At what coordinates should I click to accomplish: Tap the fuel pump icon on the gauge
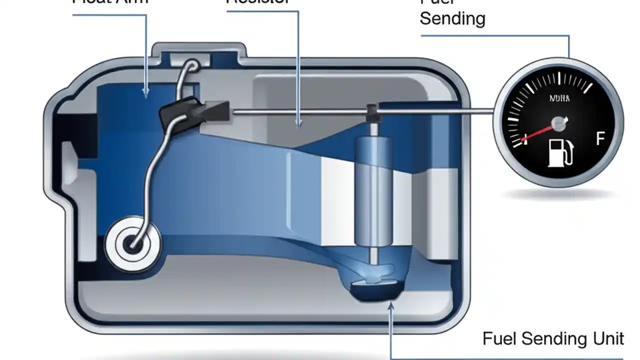click(560, 152)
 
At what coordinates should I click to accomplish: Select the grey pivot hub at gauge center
click(558, 123)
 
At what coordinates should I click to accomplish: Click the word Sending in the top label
click(452, 18)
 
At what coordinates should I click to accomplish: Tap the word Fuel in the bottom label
click(500, 338)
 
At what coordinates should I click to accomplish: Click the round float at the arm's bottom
click(133, 244)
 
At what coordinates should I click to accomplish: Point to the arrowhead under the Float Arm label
click(146, 92)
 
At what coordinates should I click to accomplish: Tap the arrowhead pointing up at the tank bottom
click(390, 306)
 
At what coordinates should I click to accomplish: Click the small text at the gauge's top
click(558, 98)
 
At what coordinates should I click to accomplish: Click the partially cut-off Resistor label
click(258, 2)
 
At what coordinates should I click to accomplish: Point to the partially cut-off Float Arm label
click(110, 2)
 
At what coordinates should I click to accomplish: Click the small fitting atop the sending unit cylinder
click(372, 112)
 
